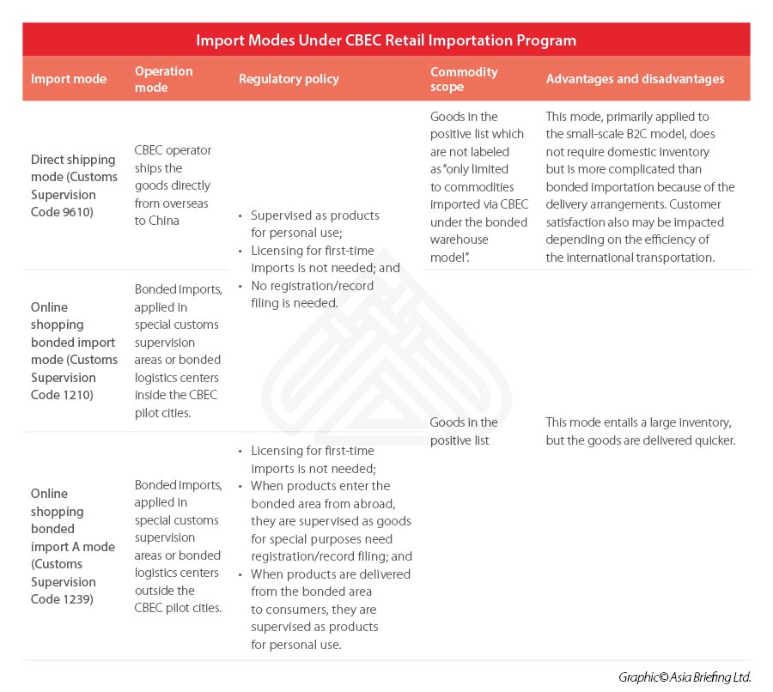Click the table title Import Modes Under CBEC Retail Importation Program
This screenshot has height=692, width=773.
pos(386,40)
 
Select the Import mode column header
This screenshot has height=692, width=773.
pos(69,79)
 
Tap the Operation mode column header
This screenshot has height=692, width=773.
pos(164,79)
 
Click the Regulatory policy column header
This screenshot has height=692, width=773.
pos(289,79)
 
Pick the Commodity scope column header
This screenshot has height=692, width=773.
pos(464,79)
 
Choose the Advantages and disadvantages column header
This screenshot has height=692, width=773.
pos(635,79)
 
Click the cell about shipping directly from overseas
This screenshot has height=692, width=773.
pos(173,185)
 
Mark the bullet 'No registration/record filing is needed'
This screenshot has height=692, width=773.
pos(313,294)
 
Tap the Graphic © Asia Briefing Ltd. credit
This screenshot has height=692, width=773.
pos(685,677)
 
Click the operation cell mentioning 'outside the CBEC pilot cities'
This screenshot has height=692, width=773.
pos(178,546)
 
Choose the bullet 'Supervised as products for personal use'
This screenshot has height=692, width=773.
pos(314,224)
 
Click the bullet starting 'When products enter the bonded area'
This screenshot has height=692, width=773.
pos(331,512)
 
